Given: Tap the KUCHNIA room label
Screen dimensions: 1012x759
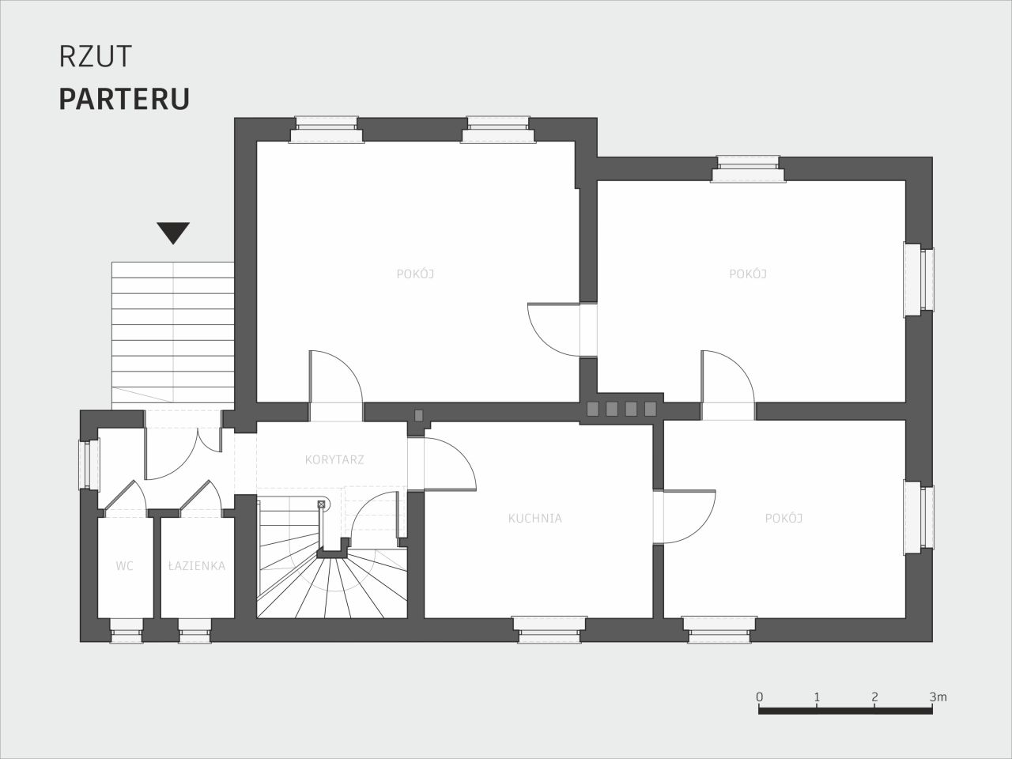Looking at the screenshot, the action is pyautogui.click(x=534, y=519).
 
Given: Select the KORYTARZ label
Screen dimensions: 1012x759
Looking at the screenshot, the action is pyautogui.click(x=334, y=459).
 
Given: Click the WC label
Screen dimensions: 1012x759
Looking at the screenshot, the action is pyautogui.click(x=124, y=566).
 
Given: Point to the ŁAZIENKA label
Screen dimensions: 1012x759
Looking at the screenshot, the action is pyautogui.click(x=197, y=565).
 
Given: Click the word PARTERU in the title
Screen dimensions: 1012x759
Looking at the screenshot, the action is pyautogui.click(x=124, y=99).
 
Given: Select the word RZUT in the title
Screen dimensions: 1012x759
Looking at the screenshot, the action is pyautogui.click(x=96, y=57).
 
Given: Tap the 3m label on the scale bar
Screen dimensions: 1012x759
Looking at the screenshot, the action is pyautogui.click(x=938, y=697).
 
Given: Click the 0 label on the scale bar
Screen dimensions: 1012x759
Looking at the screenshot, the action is pyautogui.click(x=760, y=697).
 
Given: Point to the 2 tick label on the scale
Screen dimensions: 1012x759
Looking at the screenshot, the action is pyautogui.click(x=875, y=697).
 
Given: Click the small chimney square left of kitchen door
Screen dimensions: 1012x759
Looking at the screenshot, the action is pyautogui.click(x=418, y=416).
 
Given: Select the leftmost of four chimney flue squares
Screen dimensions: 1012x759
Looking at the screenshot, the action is pyautogui.click(x=592, y=409).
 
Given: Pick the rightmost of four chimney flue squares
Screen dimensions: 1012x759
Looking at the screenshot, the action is pyautogui.click(x=650, y=409).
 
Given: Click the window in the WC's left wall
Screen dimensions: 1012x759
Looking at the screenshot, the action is pyautogui.click(x=89, y=465).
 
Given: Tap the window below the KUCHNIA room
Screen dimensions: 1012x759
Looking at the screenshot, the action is pyautogui.click(x=549, y=629).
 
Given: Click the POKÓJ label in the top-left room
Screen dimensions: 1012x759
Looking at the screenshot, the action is pyautogui.click(x=415, y=274).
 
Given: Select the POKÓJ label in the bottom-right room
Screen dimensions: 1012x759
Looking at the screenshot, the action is pyautogui.click(x=784, y=519).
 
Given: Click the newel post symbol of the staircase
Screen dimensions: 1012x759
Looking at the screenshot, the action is pyautogui.click(x=321, y=504).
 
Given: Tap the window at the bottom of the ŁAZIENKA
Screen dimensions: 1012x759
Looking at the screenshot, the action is pyautogui.click(x=194, y=630).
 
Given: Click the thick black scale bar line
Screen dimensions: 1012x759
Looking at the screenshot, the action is pyautogui.click(x=845, y=711).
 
